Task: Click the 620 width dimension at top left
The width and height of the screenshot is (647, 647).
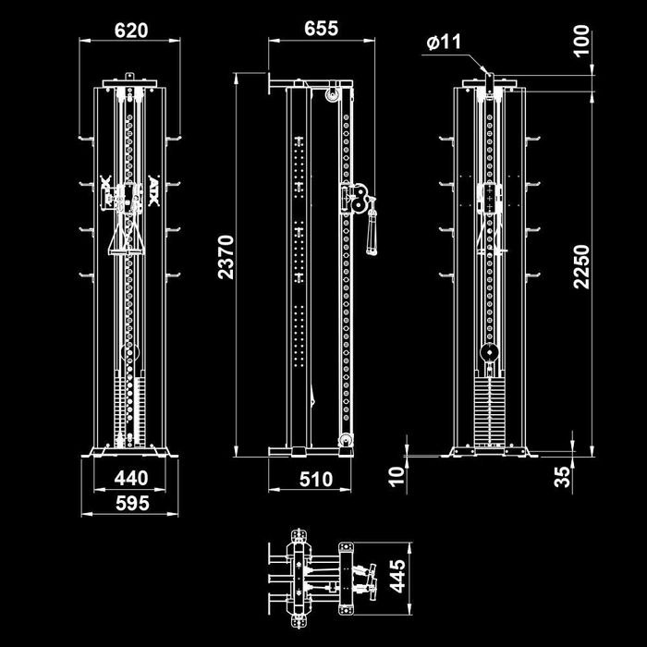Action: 131,31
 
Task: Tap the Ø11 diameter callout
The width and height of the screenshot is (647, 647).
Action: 445,43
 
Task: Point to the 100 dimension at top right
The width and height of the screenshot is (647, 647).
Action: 580,42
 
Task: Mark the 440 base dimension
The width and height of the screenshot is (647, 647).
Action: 131,479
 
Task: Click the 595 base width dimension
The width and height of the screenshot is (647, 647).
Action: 131,504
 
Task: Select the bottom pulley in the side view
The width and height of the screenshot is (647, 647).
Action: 346,441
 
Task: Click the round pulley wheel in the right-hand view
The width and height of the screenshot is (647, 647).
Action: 488,354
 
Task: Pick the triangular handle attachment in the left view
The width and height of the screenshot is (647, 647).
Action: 125,238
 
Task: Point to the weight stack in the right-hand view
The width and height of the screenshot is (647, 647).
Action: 488,407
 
